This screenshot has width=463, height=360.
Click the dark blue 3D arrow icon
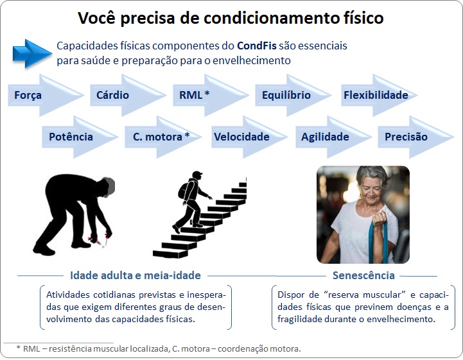[x=32, y=54]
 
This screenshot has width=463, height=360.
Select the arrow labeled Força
[x=46, y=96]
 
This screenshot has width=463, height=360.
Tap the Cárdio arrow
[x=128, y=96]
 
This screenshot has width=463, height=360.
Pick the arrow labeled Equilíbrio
[x=293, y=96]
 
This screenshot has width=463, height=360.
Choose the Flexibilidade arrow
[x=379, y=96]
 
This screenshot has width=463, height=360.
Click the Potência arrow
[x=80, y=137]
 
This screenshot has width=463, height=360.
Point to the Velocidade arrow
[x=250, y=137]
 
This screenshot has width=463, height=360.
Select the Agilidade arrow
[x=334, y=137]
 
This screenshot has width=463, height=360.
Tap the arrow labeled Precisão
[x=415, y=137]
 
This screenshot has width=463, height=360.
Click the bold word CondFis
[x=257, y=46]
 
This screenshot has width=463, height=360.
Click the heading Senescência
[x=363, y=275]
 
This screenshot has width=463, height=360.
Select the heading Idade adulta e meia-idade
[x=135, y=275]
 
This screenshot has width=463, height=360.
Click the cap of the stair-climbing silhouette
[x=198, y=173]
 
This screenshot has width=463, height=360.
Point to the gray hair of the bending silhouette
[x=110, y=186]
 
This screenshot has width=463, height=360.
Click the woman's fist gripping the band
[x=380, y=218]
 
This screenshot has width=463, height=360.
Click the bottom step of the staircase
[x=170, y=253]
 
